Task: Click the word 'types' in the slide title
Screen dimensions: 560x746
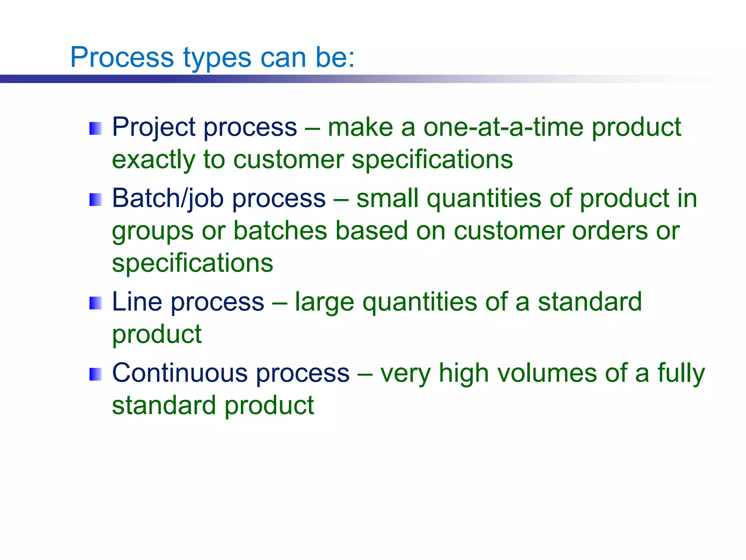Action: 217,58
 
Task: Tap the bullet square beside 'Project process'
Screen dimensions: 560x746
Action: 95,129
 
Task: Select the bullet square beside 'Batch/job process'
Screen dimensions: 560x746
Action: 95,200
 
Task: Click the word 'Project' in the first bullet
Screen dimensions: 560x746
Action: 154,128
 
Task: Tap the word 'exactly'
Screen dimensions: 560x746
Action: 153,160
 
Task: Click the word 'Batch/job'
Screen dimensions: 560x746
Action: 168,199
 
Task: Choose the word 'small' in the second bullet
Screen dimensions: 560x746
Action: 387,199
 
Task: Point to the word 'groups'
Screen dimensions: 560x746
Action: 153,232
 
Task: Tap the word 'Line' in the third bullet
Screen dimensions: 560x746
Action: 137,302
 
